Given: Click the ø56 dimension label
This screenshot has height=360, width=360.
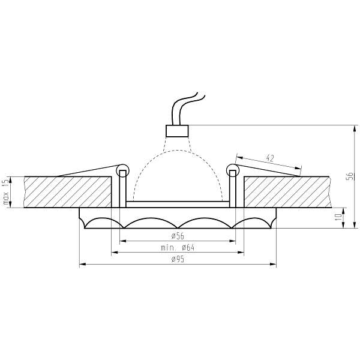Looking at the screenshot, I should [x=177, y=236].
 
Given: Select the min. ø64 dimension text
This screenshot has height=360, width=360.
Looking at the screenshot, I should [x=178, y=247].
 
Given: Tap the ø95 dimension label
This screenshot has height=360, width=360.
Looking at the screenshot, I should [x=177, y=259].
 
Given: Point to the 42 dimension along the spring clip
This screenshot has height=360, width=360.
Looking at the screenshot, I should [x=270, y=158].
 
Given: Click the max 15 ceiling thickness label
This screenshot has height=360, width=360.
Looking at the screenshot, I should [x=6, y=192].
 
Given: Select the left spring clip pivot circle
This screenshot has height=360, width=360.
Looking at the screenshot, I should [x=123, y=170].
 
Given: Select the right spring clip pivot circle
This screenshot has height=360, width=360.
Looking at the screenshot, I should [x=232, y=170].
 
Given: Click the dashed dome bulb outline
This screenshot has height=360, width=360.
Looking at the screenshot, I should [x=177, y=157].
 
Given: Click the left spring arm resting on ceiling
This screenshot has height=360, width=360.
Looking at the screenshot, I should [x=87, y=172].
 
